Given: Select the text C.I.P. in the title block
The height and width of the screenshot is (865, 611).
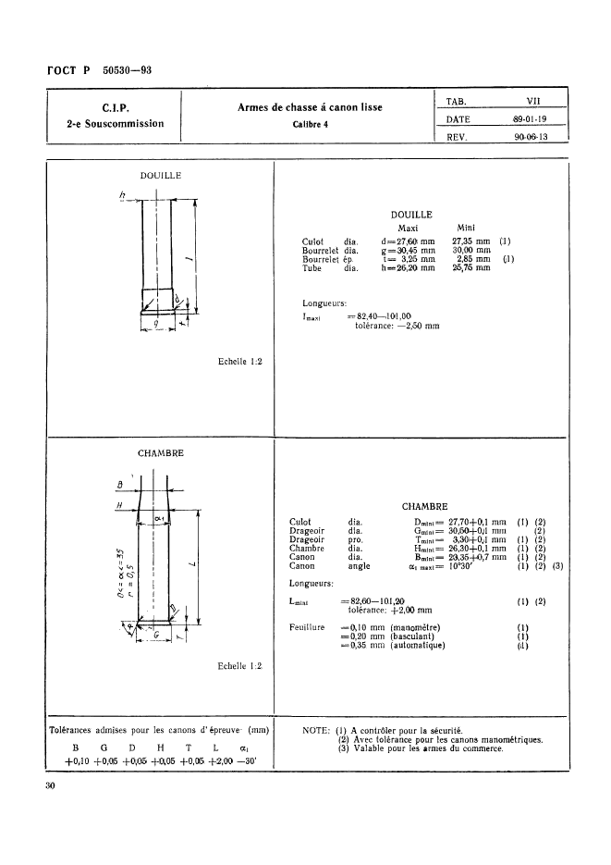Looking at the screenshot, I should click(115, 106).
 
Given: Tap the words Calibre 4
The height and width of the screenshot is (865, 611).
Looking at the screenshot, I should click(309, 123).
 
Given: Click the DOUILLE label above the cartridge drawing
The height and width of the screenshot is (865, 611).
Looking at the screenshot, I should click(160, 174).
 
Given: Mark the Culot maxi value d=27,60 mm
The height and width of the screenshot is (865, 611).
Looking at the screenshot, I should click(408, 241).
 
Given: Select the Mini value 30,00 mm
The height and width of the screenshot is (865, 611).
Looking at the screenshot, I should click(472, 250).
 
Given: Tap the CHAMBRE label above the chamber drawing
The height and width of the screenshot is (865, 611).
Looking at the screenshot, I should click(160, 453).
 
